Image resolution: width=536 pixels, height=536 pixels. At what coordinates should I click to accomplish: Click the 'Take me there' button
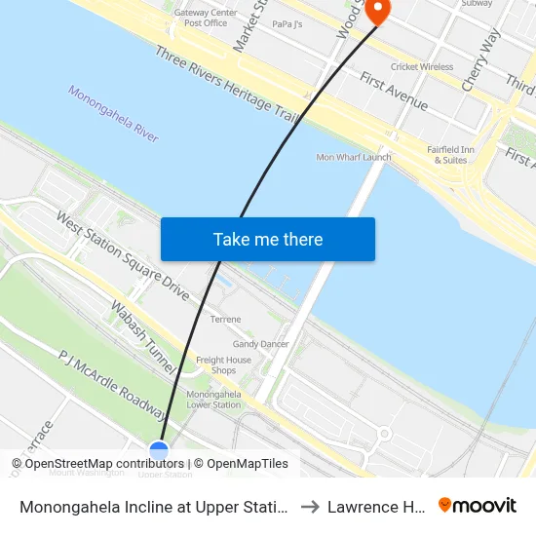coord(268,239)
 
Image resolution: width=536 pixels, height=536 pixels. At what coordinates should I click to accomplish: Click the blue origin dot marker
coord(159,450)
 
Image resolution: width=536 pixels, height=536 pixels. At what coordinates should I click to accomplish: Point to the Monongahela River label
coord(113,114)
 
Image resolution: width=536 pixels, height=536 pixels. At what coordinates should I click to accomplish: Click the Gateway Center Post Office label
coord(206,18)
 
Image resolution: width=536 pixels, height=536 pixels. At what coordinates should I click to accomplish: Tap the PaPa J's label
coord(287,23)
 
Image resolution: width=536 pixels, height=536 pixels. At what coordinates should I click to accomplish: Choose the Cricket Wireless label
coord(422,67)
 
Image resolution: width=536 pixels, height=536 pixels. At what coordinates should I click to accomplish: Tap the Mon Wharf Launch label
coord(354,157)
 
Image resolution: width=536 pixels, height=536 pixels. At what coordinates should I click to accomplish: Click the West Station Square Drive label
coord(123,256)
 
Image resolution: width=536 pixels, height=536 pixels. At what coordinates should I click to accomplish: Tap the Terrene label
coord(225,319)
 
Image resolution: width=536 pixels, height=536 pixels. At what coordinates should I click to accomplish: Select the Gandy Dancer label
coord(260,344)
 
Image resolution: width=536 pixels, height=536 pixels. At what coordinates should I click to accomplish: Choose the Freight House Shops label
coord(223,365)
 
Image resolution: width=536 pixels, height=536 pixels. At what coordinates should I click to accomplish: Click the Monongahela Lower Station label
coord(213,399)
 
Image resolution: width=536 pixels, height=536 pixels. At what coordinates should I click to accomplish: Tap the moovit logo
coord(478,506)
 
